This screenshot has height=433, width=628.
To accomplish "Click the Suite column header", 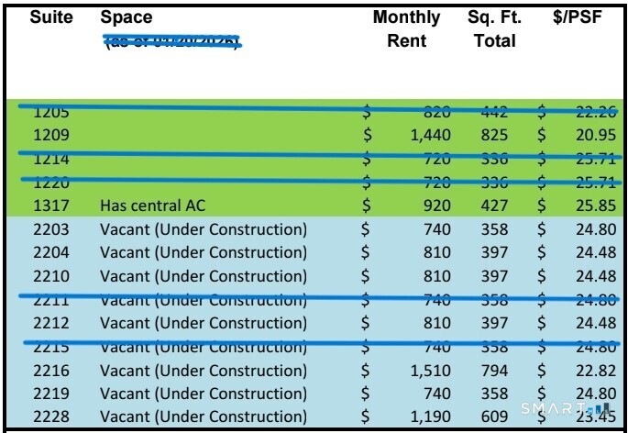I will coord(50,17).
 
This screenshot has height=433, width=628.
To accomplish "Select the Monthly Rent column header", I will coord(406,29).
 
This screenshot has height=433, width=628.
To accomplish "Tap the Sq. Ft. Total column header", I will coord(494,29).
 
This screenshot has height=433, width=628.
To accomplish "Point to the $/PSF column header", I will coord(578,17).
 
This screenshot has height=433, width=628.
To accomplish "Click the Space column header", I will coord(127,17).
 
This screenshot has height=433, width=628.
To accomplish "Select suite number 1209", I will coord(51,135).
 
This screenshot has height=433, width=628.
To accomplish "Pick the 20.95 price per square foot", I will coord(593,135).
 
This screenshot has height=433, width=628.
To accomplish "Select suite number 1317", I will coord(51,205).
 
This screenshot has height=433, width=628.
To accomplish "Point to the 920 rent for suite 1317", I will coord(435,205).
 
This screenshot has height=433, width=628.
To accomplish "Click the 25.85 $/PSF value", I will coord(593,205).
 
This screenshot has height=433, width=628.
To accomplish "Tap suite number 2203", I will coord(51,229).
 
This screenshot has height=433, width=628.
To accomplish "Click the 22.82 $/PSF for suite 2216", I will coord(593,371).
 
